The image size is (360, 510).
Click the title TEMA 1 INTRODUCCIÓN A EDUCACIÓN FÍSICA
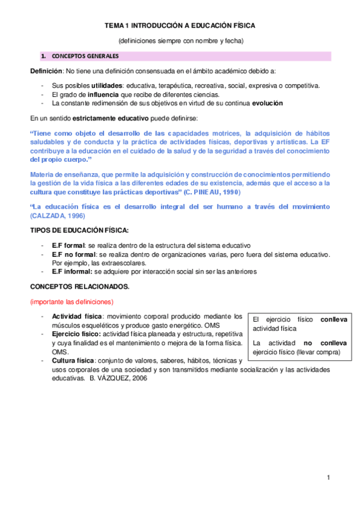[x=180, y=26]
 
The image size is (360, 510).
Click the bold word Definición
[x=46, y=71]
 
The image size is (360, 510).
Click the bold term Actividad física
[x=77, y=316]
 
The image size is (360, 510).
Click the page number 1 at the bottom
[x=329, y=477]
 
